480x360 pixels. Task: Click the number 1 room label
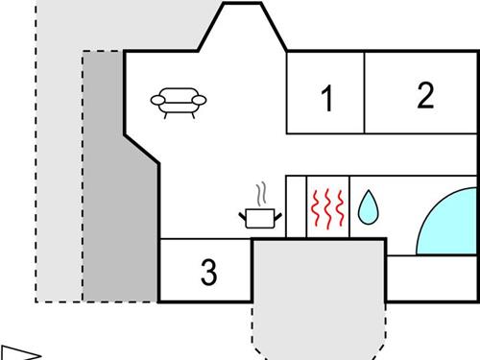pyautogui.click(x=327, y=98)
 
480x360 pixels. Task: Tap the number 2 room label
pyautogui.click(x=425, y=94)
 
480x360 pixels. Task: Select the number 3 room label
pyautogui.click(x=209, y=273)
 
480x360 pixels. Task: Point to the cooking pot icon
pyautogui.click(x=260, y=217)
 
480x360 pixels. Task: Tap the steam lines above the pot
pyautogui.click(x=260, y=193)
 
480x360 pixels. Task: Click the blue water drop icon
pyautogui.click(x=368, y=208)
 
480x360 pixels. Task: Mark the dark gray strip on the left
pyautogui.click(x=102, y=192)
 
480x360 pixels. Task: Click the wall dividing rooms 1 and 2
pyautogui.click(x=364, y=93)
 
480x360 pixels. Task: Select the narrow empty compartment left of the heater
pyautogui.click(x=296, y=205)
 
